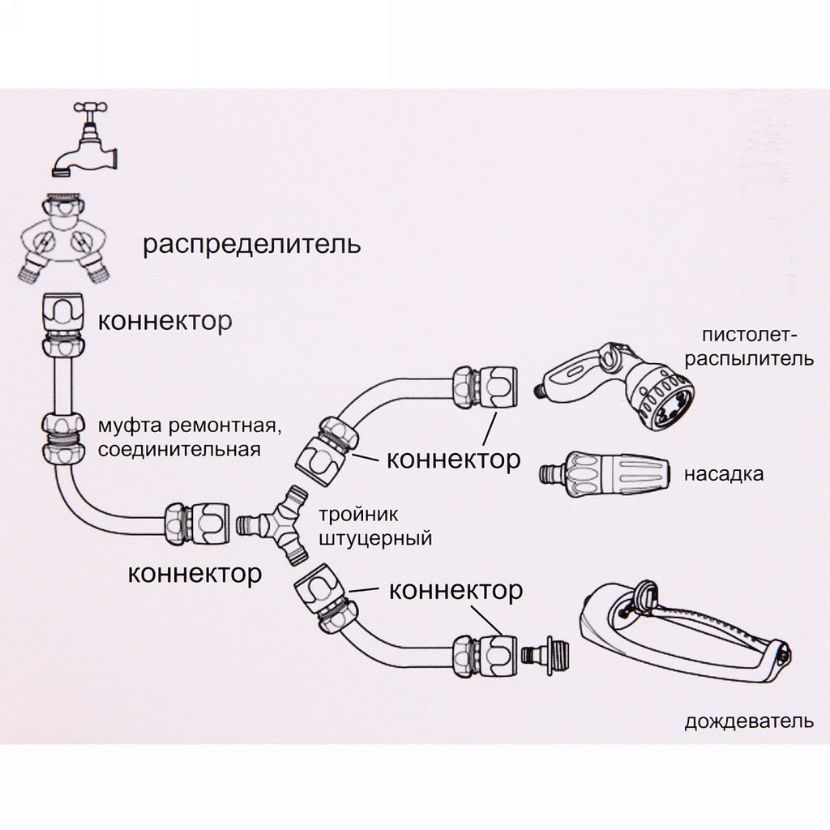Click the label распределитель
(x=251, y=244)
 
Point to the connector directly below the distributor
(x=62, y=322)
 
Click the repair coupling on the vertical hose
(x=63, y=438)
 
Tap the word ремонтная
(x=220, y=425)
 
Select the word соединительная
(x=179, y=449)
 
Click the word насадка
(x=724, y=473)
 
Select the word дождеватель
(x=748, y=721)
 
